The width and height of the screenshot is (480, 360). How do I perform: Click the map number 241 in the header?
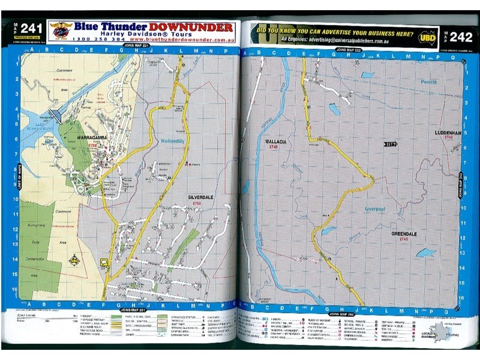pyautogui.click(x=31, y=28)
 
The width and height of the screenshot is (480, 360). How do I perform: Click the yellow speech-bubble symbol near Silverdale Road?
pyautogui.click(x=104, y=262)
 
